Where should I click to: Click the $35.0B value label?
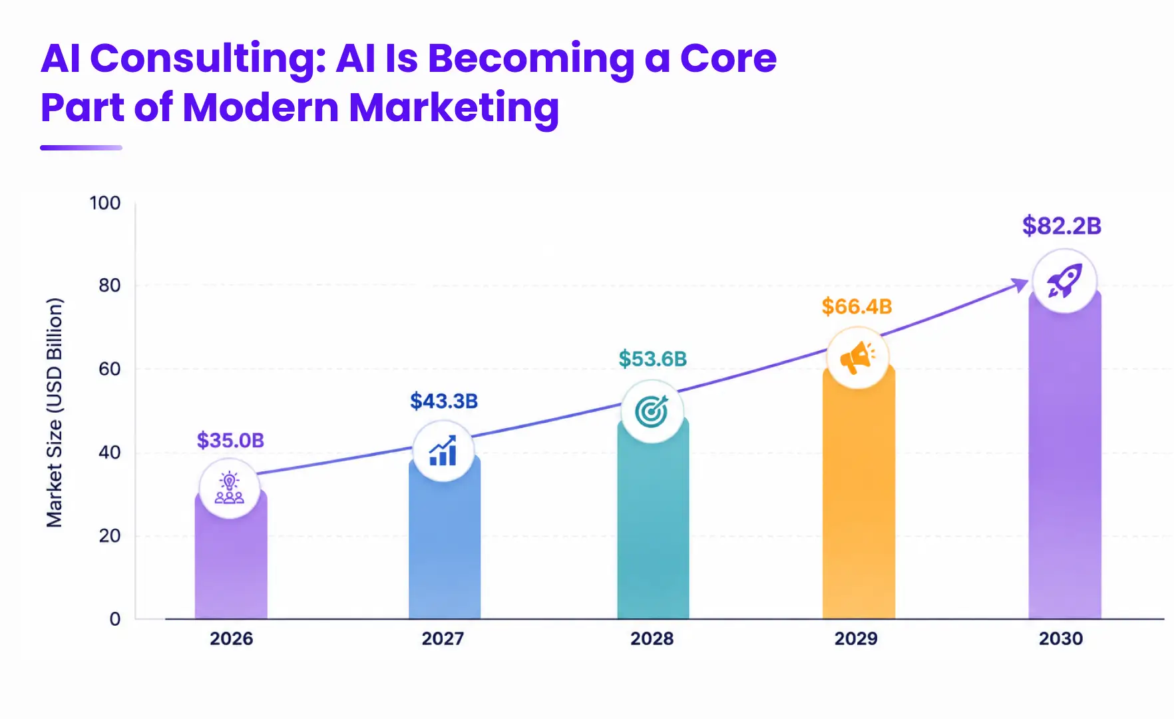point(230,440)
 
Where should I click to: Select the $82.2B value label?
point(1062,226)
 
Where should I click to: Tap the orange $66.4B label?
point(857,306)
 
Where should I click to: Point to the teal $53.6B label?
point(652,359)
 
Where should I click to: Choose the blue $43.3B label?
point(444,401)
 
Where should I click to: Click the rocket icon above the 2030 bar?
point(1064,281)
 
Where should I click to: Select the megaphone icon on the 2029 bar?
point(858,358)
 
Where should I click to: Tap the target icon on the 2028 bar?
point(652,411)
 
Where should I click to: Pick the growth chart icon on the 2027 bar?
point(443,451)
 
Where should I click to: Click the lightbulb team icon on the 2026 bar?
point(230,488)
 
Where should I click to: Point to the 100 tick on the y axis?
point(105,203)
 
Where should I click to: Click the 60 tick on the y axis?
point(110,369)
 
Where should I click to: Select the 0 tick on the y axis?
point(115,619)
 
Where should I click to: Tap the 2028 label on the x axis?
point(652,638)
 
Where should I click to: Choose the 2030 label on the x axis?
point(1061,638)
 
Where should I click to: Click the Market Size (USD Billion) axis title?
point(54,413)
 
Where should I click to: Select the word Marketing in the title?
point(454,108)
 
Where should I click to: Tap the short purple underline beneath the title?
point(81,148)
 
